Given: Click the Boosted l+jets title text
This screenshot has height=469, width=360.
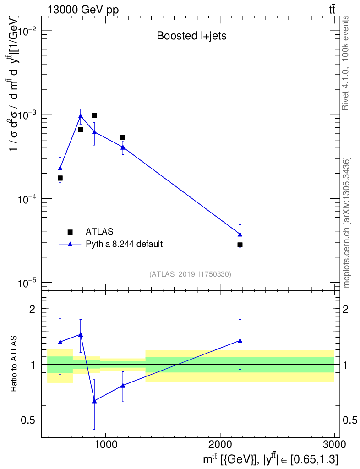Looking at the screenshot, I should (191, 36).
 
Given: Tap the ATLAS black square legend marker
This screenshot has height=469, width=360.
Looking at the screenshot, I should (70, 232).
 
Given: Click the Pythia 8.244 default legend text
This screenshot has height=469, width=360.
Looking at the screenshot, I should (124, 244).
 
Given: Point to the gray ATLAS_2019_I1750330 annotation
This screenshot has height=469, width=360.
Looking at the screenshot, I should (190, 274).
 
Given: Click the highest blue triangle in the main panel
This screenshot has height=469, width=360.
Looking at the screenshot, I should (81, 116).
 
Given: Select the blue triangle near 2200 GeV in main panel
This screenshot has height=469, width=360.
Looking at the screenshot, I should (240, 234).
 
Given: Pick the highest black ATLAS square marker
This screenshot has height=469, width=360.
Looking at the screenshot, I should (94, 115).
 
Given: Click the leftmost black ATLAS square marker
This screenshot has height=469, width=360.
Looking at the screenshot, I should (60, 178).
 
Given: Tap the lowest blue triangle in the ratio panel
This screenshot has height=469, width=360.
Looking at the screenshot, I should (94, 401).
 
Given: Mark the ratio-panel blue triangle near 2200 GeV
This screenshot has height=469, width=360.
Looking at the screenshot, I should (240, 341).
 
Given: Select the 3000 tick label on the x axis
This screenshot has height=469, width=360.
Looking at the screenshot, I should (334, 444).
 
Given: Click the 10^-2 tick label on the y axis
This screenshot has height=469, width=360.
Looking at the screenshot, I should (27, 31).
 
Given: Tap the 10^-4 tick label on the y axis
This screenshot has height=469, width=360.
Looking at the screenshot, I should (27, 199).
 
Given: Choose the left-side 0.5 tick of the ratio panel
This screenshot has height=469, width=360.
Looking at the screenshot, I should (31, 420).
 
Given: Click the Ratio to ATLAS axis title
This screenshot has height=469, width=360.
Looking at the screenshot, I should (15, 365).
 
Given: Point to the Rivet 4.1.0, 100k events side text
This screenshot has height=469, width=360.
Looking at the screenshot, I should (346, 63).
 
